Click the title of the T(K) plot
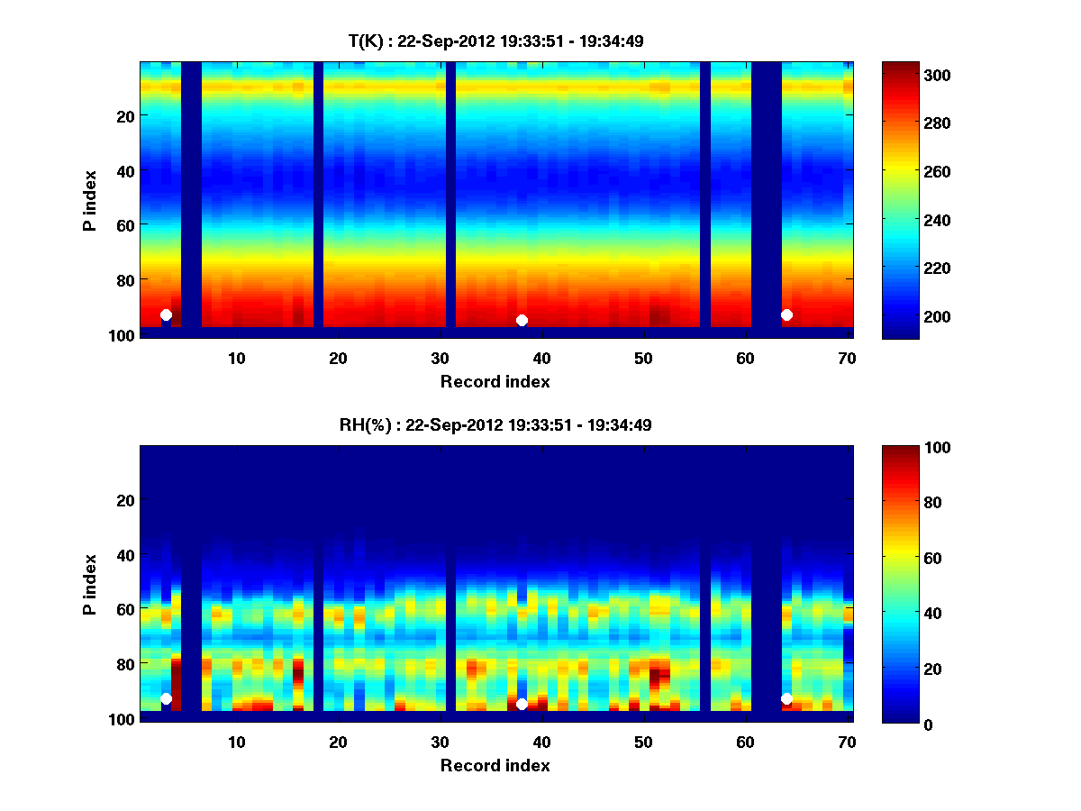[x=495, y=41]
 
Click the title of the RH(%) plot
[x=495, y=425]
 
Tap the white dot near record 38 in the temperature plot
[x=522, y=320]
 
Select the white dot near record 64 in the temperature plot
[x=786, y=314]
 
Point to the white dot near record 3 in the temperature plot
[x=166, y=314]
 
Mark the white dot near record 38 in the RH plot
[x=522, y=704]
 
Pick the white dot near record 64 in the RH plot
[x=786, y=698]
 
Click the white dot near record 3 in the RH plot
[x=166, y=698]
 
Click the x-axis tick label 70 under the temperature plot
[x=845, y=358]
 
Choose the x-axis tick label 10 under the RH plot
[x=236, y=742]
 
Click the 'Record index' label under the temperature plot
[x=495, y=381]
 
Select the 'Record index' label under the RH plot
[x=495, y=765]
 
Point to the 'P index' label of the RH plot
[x=90, y=584]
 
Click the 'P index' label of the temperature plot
[x=90, y=200]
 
